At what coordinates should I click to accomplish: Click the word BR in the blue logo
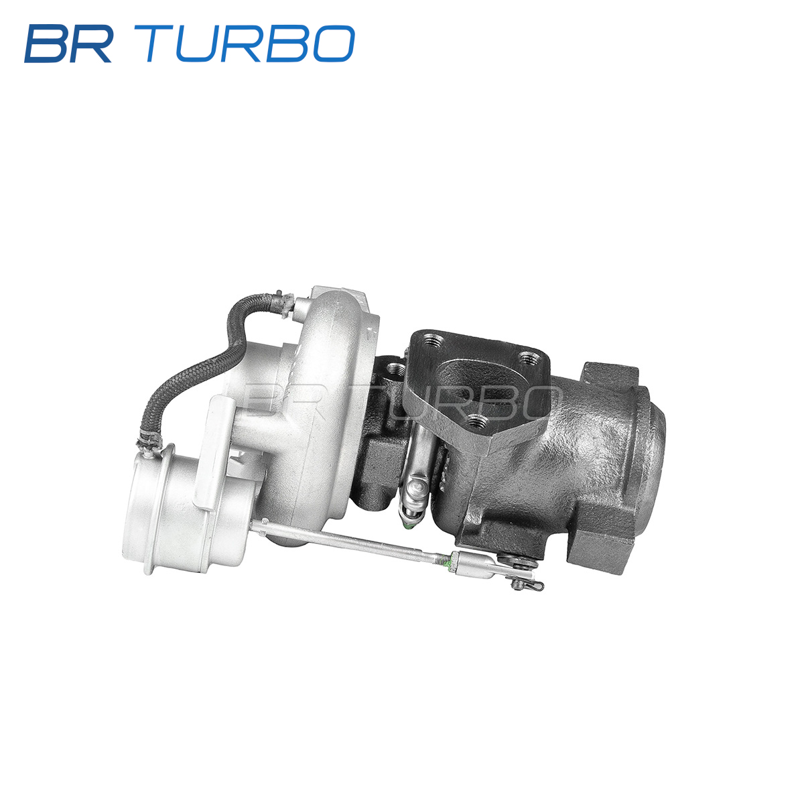click(x=68, y=44)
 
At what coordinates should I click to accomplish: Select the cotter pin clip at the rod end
click(x=527, y=584)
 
